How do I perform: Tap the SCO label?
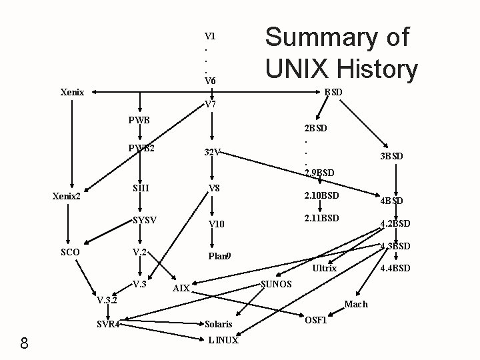70,252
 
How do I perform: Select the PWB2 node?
143,148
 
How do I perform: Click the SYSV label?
145,220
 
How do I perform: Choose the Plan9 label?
219,256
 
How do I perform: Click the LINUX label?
223,340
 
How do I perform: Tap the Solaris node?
219,325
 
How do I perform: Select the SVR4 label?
108,325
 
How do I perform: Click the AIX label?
181,289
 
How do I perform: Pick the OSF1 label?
315,320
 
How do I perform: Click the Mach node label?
356,304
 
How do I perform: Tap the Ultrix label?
325,268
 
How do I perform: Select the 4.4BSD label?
395,269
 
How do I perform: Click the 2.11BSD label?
321,218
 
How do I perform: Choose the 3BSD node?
391,157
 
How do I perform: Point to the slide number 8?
24,343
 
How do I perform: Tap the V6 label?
210,81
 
